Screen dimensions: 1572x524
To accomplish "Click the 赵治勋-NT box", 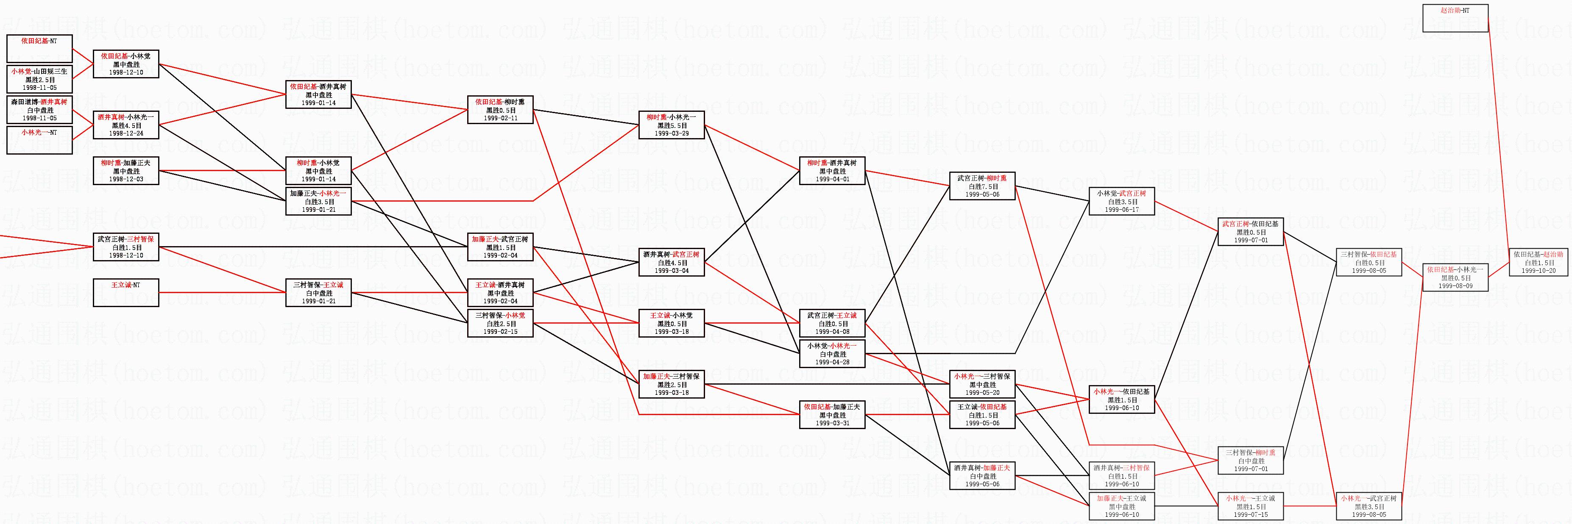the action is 1455,18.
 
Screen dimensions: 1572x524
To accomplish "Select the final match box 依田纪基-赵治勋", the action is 1539,262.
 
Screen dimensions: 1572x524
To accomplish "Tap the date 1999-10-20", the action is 1539,271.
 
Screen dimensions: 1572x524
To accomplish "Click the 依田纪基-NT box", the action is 39,48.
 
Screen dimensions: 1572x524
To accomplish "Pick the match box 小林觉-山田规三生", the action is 39,79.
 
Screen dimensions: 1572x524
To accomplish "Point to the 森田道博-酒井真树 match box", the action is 39,110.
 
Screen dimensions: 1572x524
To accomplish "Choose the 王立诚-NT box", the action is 126,293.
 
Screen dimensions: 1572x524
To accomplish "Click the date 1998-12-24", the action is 126,133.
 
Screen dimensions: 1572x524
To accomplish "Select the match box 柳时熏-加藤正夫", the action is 126,171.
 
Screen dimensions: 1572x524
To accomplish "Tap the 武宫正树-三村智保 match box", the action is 126,247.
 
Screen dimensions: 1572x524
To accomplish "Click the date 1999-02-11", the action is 500,118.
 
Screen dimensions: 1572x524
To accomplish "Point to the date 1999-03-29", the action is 671,133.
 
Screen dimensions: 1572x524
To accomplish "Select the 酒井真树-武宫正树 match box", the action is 671,262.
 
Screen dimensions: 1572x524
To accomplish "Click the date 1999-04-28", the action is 832,362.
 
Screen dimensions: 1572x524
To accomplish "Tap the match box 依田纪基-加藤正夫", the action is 832,415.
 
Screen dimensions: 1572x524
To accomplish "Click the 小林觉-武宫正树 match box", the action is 1122,201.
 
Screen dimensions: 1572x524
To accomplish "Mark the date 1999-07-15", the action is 1250,515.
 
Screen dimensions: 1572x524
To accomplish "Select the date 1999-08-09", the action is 1455,286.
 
